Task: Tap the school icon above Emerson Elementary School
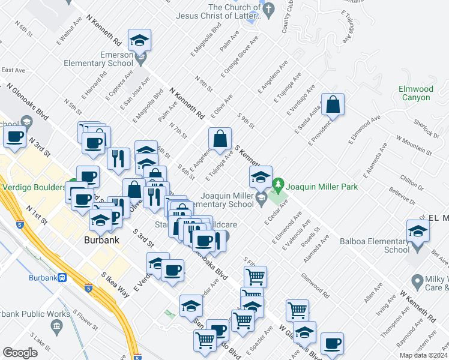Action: pos(140,40)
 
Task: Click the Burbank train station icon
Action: pos(62,278)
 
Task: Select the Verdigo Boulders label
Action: pos(32,187)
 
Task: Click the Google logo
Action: pos(20,353)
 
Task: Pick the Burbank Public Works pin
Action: pos(57,326)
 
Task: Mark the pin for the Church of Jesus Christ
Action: pos(268,10)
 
